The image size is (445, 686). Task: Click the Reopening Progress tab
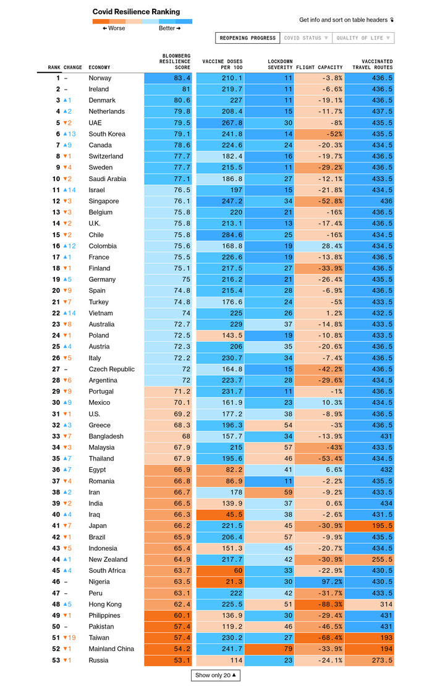point(248,38)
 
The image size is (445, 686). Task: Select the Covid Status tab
point(306,38)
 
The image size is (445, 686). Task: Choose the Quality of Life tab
point(363,38)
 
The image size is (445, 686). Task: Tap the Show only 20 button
point(215,675)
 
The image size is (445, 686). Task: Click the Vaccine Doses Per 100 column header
point(222,64)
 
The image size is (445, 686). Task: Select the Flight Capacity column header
point(320,67)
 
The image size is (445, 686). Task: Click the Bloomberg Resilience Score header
point(175,62)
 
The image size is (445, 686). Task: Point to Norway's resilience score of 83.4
point(182,78)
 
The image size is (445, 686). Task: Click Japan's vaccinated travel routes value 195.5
point(382,526)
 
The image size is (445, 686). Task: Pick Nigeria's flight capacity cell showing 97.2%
point(332,582)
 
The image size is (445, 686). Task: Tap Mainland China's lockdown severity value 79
point(288,649)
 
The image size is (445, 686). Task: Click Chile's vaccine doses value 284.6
point(232,235)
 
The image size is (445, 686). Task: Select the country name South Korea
point(107,134)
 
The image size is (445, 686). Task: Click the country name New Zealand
point(108,559)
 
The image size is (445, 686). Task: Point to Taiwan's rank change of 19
point(70,638)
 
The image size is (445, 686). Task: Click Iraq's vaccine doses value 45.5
point(234,514)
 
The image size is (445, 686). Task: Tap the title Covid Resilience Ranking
point(136,12)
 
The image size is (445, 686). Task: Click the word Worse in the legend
point(116,28)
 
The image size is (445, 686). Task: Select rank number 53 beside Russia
point(56,660)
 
